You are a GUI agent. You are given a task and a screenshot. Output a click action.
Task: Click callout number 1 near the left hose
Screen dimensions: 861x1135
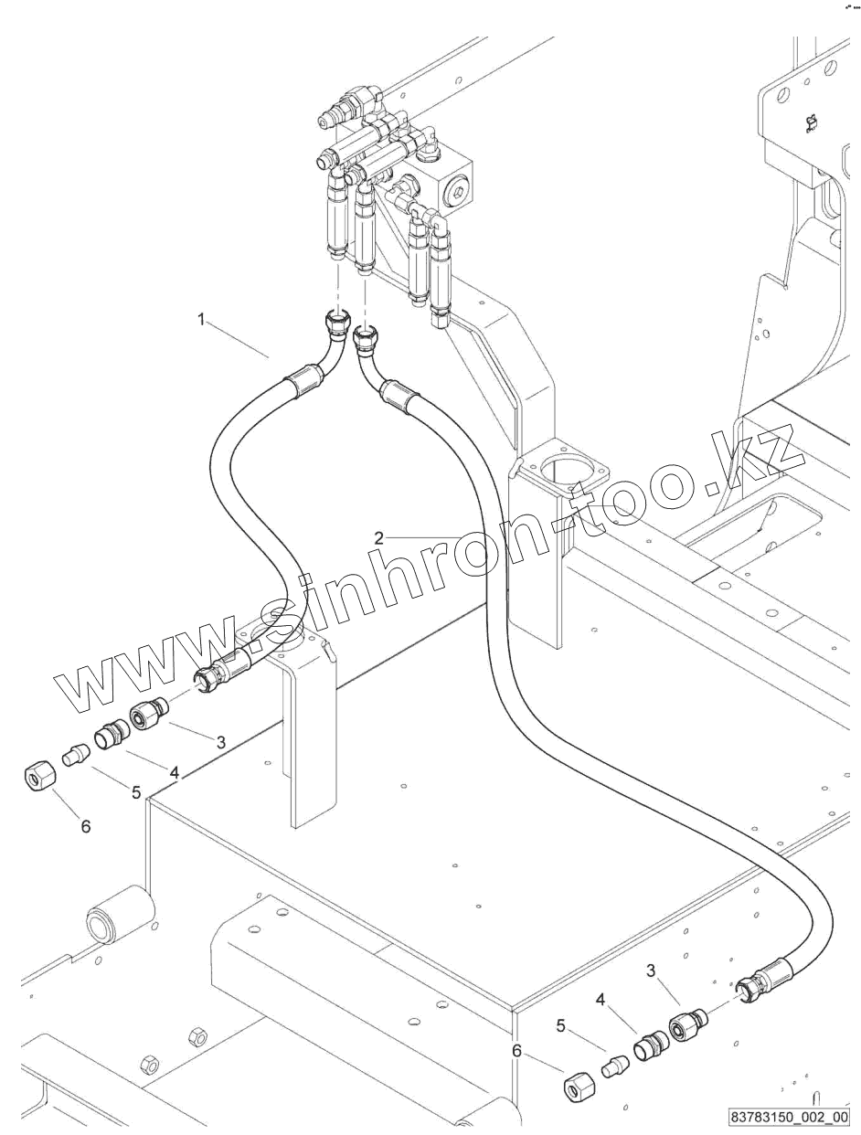[202, 320]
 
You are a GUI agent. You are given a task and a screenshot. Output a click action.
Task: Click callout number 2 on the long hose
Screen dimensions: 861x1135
[378, 537]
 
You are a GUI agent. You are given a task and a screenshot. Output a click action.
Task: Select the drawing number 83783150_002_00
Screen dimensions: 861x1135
[790, 1118]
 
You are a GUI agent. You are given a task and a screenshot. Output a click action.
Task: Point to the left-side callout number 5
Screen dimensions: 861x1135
[136, 792]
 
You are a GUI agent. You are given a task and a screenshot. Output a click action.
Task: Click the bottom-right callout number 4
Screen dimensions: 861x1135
[601, 1001]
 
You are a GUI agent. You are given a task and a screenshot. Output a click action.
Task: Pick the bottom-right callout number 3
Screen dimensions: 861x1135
[651, 971]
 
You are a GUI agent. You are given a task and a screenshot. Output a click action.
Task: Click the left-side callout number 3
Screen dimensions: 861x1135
[220, 742]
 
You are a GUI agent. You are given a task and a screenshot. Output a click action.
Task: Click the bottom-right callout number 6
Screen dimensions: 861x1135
[517, 1051]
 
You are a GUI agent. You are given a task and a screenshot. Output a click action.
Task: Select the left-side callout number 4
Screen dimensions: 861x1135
[174, 773]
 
